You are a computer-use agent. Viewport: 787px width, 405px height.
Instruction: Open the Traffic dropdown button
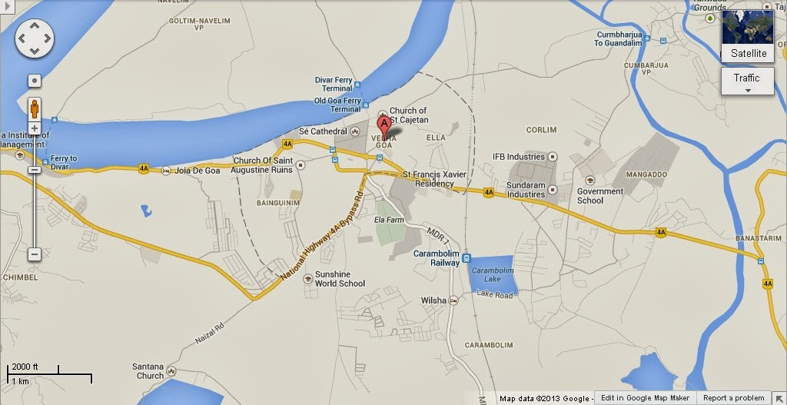click(746, 81)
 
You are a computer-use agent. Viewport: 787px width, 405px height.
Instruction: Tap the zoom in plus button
click(35, 128)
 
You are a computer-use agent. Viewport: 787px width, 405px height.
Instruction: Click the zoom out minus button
click(35, 254)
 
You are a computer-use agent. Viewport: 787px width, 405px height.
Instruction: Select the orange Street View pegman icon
click(35, 108)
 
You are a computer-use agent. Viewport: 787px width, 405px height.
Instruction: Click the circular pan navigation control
click(35, 36)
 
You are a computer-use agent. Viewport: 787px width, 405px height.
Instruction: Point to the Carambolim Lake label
click(486, 274)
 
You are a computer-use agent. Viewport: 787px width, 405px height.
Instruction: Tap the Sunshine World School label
click(340, 278)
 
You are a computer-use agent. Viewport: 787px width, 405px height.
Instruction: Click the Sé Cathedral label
click(329, 131)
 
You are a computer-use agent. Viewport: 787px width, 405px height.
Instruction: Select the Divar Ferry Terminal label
click(334, 84)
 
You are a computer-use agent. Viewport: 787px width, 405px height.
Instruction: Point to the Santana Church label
click(146, 370)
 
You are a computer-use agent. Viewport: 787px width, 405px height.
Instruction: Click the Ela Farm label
click(389, 219)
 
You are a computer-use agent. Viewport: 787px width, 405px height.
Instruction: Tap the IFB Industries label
click(519, 157)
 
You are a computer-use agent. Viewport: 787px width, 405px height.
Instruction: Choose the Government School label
click(600, 196)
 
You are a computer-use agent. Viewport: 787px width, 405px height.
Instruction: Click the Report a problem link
click(734, 398)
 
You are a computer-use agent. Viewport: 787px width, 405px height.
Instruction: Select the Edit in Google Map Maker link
click(648, 398)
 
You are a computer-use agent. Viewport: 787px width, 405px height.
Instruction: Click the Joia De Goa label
click(198, 171)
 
